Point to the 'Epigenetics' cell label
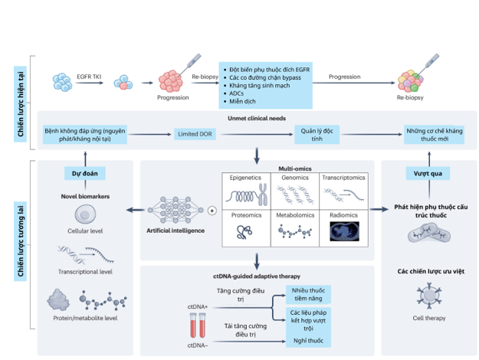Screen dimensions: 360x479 [245, 178]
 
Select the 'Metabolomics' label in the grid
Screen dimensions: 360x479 [294, 216]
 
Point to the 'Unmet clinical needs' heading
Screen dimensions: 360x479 [257, 119]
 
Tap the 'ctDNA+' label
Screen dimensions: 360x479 [198, 306]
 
